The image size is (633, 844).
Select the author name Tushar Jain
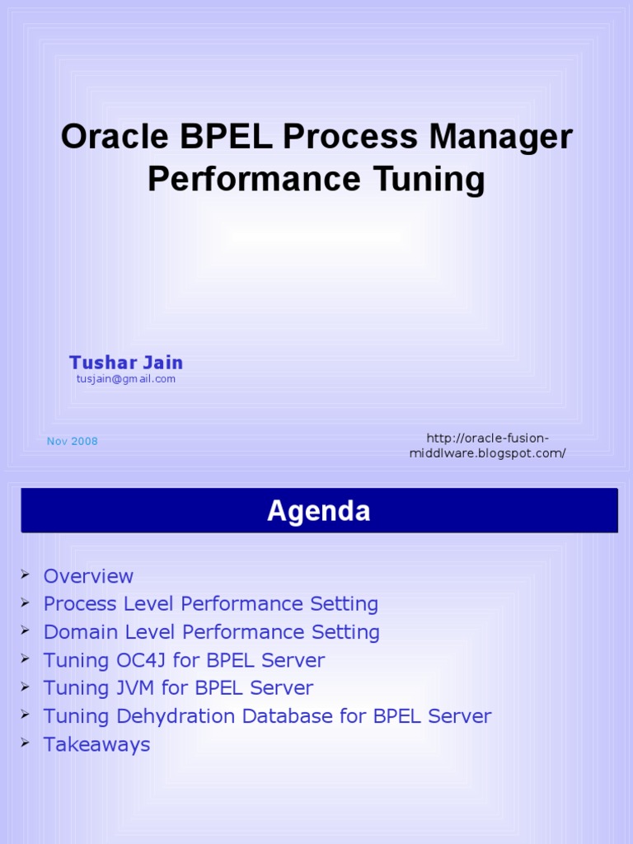(x=126, y=363)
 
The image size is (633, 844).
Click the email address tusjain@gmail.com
(x=126, y=379)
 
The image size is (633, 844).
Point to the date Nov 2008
(x=73, y=442)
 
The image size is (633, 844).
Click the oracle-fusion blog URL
(x=487, y=446)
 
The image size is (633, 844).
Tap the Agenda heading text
(x=319, y=512)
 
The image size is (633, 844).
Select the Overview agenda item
(x=88, y=576)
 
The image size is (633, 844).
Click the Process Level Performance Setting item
(x=210, y=604)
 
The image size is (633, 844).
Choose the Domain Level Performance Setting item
(x=211, y=632)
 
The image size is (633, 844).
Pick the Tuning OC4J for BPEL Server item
(x=184, y=660)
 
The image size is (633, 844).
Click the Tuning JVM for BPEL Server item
(x=178, y=688)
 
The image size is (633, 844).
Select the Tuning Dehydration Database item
(x=267, y=716)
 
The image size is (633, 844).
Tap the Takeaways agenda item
(x=96, y=744)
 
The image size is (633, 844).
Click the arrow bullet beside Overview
(x=26, y=574)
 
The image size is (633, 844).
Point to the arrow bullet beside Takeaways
(x=26, y=743)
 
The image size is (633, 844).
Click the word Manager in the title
(x=499, y=137)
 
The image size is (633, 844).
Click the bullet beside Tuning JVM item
(x=26, y=687)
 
